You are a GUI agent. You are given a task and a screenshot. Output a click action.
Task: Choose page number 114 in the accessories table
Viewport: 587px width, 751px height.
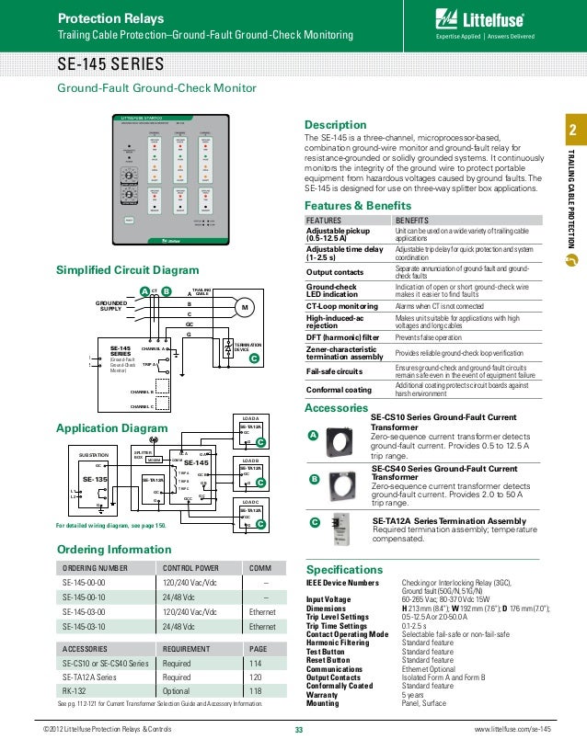(256, 663)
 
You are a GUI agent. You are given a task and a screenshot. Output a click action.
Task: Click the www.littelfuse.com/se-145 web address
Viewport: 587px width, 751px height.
(512, 729)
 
